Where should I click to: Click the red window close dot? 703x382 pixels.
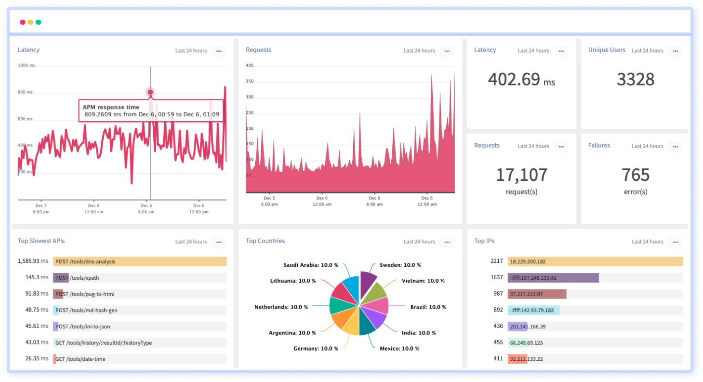22,22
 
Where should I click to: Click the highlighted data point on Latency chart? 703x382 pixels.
150,92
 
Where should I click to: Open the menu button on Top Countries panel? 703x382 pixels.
447,242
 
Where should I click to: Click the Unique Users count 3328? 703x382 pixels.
635,80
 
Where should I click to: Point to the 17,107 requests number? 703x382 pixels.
521,175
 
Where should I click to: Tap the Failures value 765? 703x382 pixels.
635,175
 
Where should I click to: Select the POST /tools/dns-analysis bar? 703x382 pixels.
140,261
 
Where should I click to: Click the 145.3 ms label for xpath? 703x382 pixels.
37,277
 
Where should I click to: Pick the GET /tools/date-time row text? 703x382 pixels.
80,359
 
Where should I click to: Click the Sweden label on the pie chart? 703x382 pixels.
400,265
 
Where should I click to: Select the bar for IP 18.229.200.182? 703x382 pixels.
595,261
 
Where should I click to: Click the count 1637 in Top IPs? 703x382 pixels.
496,277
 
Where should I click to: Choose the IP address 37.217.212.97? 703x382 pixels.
526,294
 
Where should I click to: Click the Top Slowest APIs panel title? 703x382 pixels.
41,241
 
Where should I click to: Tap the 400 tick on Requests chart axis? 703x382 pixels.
250,65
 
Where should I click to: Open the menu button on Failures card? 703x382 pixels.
675,146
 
